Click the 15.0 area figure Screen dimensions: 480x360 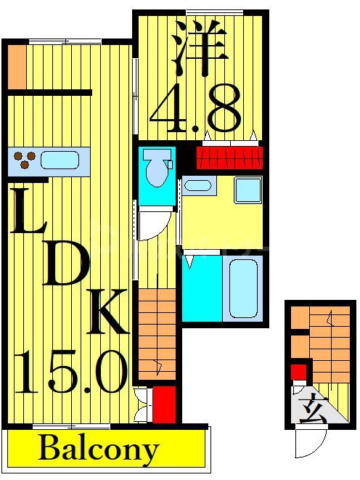[70, 370]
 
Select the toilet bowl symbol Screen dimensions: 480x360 [155, 169]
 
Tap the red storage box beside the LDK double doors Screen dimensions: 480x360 [163, 404]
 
